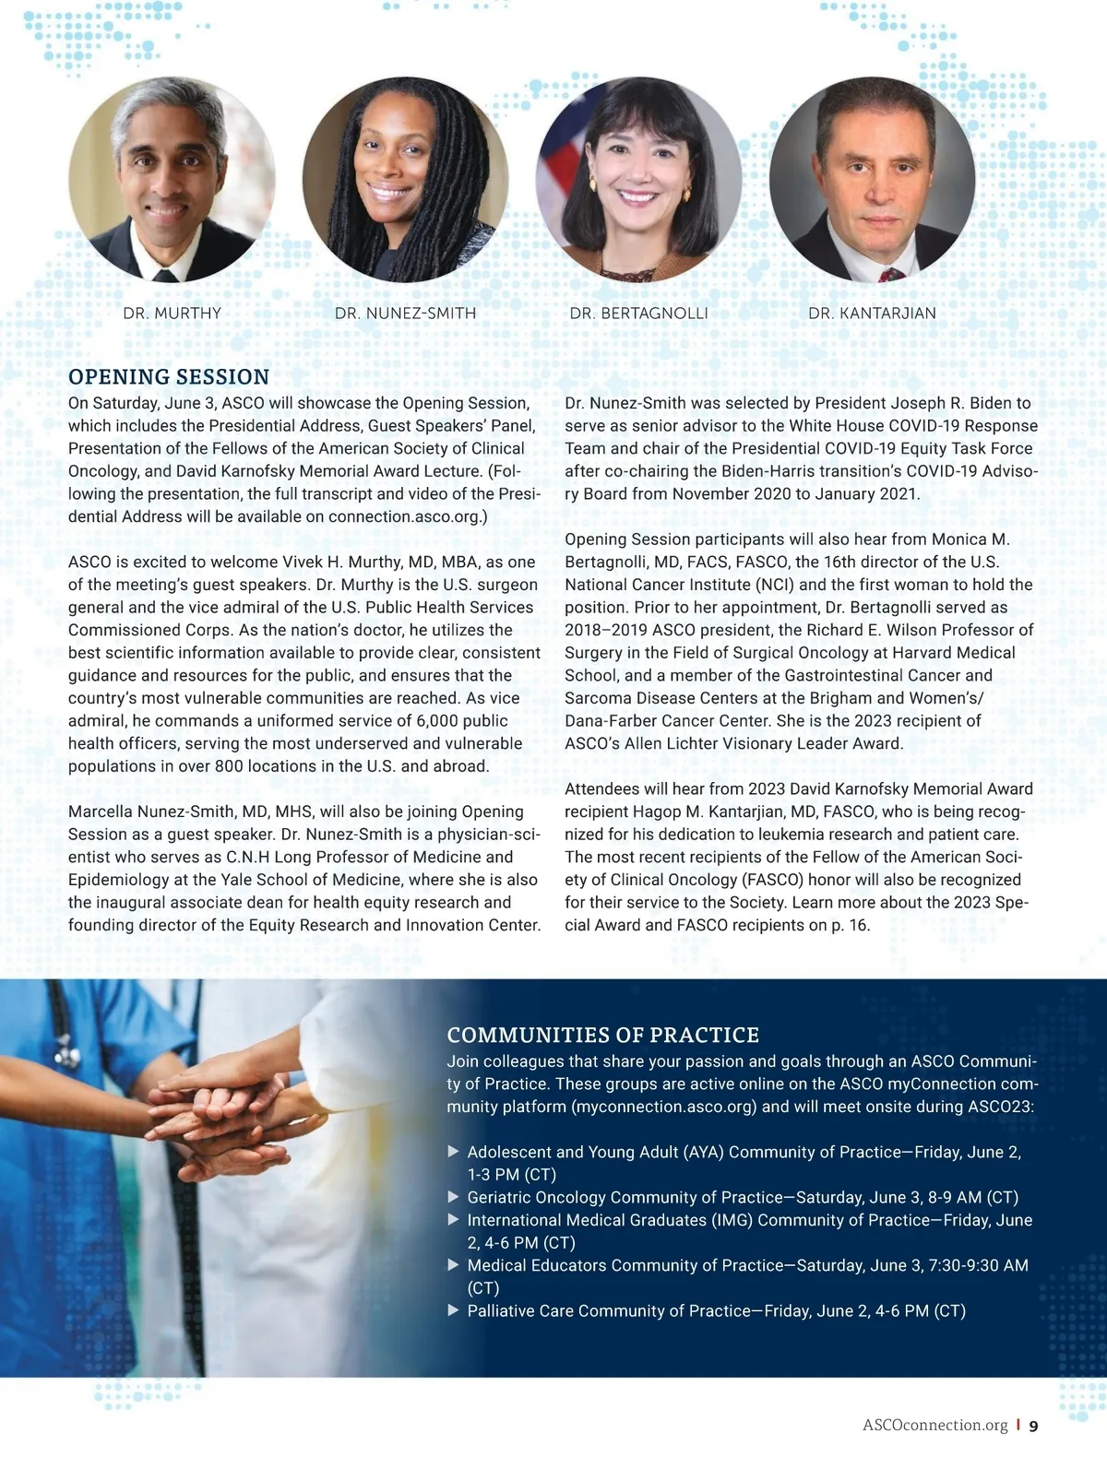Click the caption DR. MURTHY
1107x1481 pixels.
tap(172, 314)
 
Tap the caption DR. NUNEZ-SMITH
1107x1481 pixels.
tap(405, 314)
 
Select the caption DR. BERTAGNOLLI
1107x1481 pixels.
tap(638, 314)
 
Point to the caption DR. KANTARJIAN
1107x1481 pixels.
tap(872, 314)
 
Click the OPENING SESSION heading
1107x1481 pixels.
tap(169, 376)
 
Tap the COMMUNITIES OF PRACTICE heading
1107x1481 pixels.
tap(602, 1035)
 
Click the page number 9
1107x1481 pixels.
tap(1033, 1426)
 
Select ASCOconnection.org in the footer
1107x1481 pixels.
tap(934, 1425)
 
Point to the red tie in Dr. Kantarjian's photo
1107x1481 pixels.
tap(890, 274)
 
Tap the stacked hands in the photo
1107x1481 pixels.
tap(221, 1116)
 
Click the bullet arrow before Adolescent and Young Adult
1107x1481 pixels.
tap(453, 1152)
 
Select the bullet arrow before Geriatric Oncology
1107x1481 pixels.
tap(453, 1197)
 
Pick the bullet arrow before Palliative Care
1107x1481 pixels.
tap(453, 1310)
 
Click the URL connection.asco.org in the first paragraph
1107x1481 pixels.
tap(403, 516)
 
